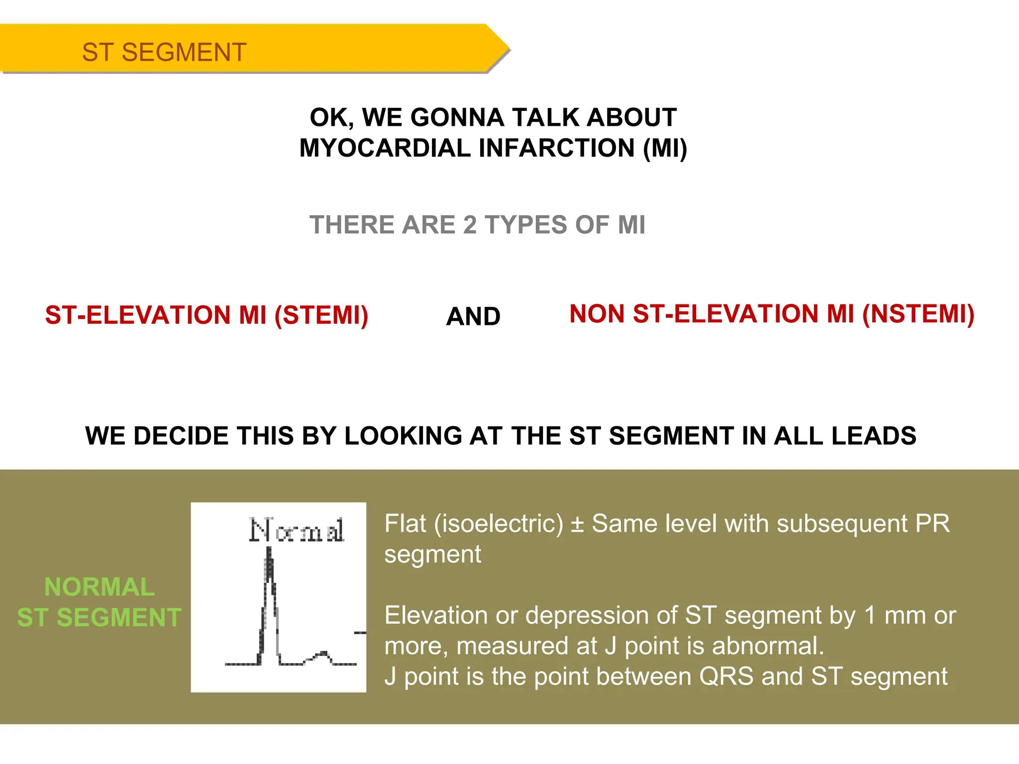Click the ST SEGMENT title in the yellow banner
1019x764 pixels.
(x=164, y=52)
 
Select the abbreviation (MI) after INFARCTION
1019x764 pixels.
(x=665, y=148)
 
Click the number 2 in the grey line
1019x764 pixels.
(x=470, y=225)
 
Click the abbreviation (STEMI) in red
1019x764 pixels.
(x=321, y=315)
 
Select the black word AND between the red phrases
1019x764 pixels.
(x=473, y=316)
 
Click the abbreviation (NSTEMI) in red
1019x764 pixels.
(x=918, y=314)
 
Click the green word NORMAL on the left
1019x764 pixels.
(x=100, y=587)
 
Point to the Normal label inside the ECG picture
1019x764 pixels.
(x=297, y=530)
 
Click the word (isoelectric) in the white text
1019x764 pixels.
(x=499, y=524)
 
